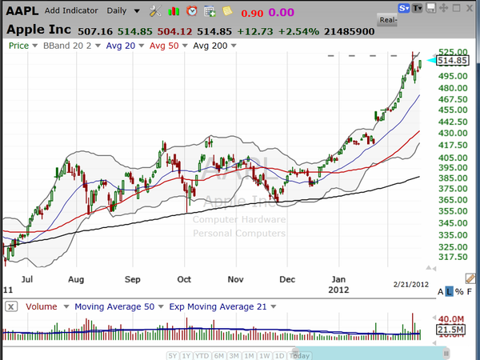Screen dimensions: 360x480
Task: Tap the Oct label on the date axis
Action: coord(185,280)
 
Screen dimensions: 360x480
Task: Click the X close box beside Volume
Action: coord(10,306)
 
